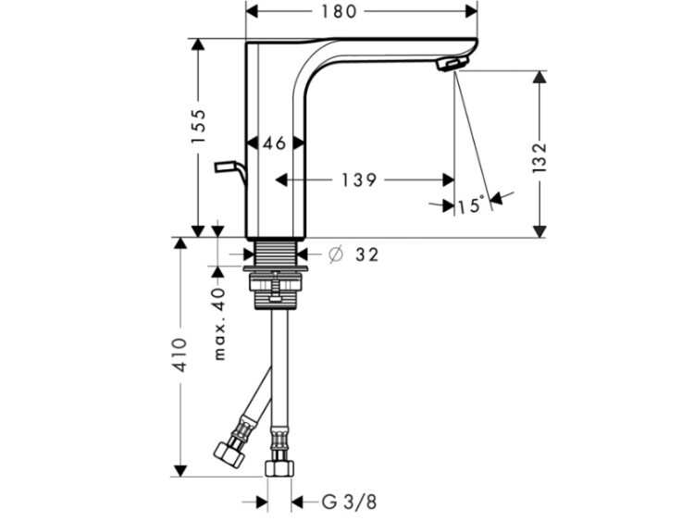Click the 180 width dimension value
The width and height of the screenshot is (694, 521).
(339, 11)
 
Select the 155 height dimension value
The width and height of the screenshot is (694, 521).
(198, 126)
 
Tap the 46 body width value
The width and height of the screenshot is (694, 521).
(275, 143)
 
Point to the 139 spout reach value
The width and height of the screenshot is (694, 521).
(359, 180)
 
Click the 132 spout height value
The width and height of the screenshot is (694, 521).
(539, 157)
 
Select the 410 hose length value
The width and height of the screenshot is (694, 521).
(180, 354)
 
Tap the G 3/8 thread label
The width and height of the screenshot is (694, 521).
(349, 502)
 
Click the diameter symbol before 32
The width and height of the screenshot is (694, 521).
(336, 254)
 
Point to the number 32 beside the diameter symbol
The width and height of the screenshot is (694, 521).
(367, 254)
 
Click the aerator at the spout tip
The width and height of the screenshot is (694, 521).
(452, 63)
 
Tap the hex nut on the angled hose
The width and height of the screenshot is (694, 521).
(229, 453)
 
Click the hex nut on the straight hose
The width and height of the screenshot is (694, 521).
(279, 468)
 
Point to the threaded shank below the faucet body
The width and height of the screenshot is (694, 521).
(276, 254)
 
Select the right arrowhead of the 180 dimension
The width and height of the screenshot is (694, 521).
(471, 11)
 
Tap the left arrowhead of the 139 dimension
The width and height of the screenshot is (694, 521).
(282, 180)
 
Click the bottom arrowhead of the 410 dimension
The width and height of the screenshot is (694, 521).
(180, 471)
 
